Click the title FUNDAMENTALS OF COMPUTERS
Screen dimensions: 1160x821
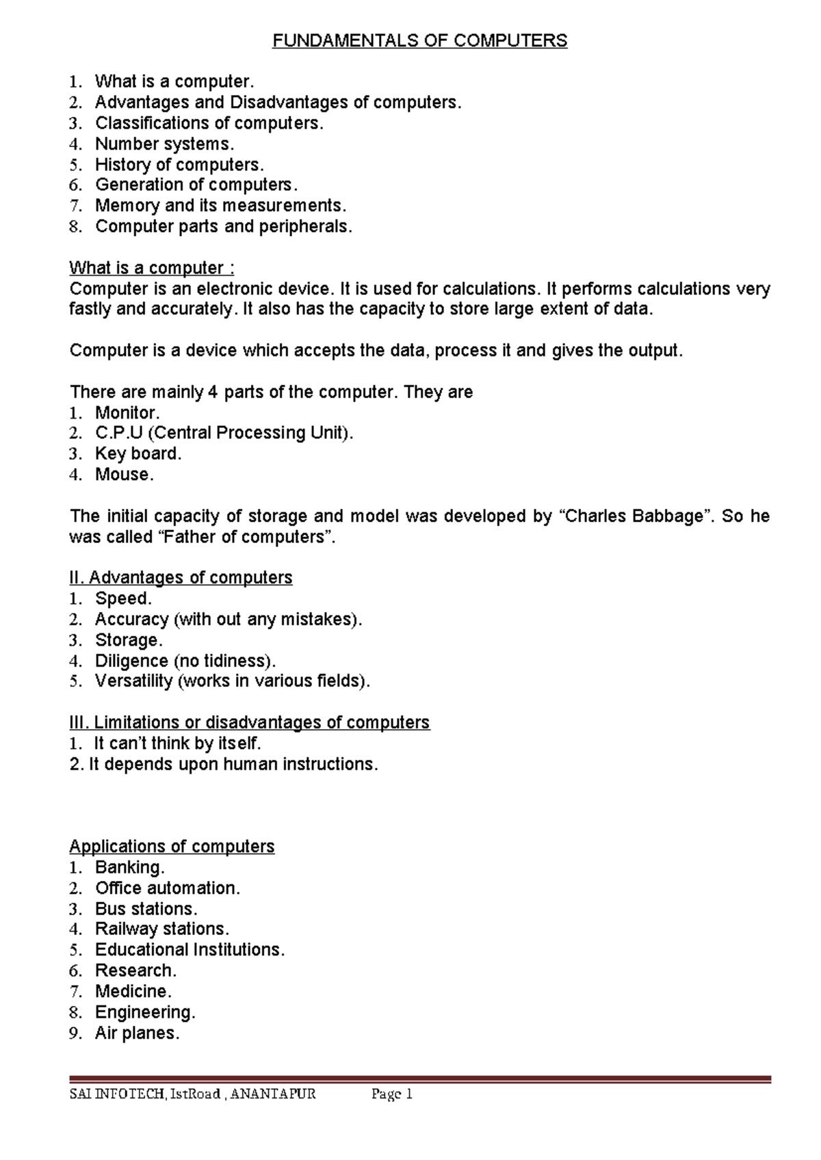419,41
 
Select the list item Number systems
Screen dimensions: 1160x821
164,144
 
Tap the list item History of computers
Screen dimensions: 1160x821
179,165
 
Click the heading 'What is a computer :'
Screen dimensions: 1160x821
152,268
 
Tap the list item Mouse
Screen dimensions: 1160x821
124,475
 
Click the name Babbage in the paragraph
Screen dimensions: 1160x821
668,516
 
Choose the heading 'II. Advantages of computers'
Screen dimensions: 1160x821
181,578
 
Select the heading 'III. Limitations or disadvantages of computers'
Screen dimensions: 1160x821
249,723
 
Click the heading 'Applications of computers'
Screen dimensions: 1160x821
172,847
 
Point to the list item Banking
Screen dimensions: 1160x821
130,868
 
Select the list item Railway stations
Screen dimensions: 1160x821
162,930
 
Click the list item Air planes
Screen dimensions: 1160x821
137,1033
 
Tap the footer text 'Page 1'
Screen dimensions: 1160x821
392,1094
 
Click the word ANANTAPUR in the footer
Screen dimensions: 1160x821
273,1094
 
